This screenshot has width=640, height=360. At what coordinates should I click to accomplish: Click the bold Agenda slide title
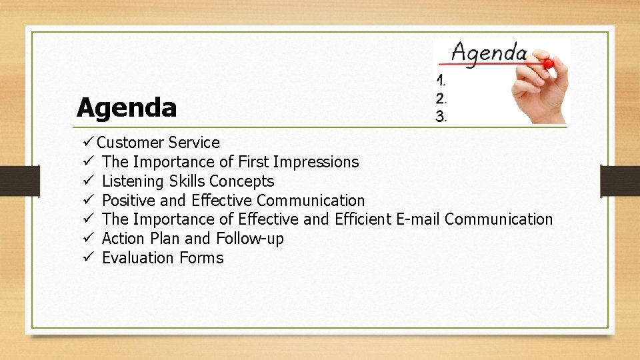[x=127, y=107]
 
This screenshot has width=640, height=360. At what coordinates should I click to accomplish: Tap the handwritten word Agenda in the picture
[x=489, y=53]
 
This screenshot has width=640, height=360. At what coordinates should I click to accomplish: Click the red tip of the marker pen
[x=548, y=64]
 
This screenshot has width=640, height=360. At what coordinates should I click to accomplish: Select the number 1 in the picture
[x=440, y=81]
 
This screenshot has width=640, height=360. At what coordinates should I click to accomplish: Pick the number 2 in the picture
[x=441, y=99]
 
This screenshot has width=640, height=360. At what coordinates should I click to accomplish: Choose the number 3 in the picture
[x=441, y=117]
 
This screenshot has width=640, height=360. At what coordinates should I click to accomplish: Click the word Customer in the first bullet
[x=130, y=143]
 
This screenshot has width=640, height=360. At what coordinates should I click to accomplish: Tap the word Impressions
[x=315, y=162]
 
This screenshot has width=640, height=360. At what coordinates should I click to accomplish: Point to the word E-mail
[x=418, y=219]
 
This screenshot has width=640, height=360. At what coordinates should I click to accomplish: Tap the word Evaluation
[x=137, y=258]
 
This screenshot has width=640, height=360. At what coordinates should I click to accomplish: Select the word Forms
[x=201, y=258]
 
